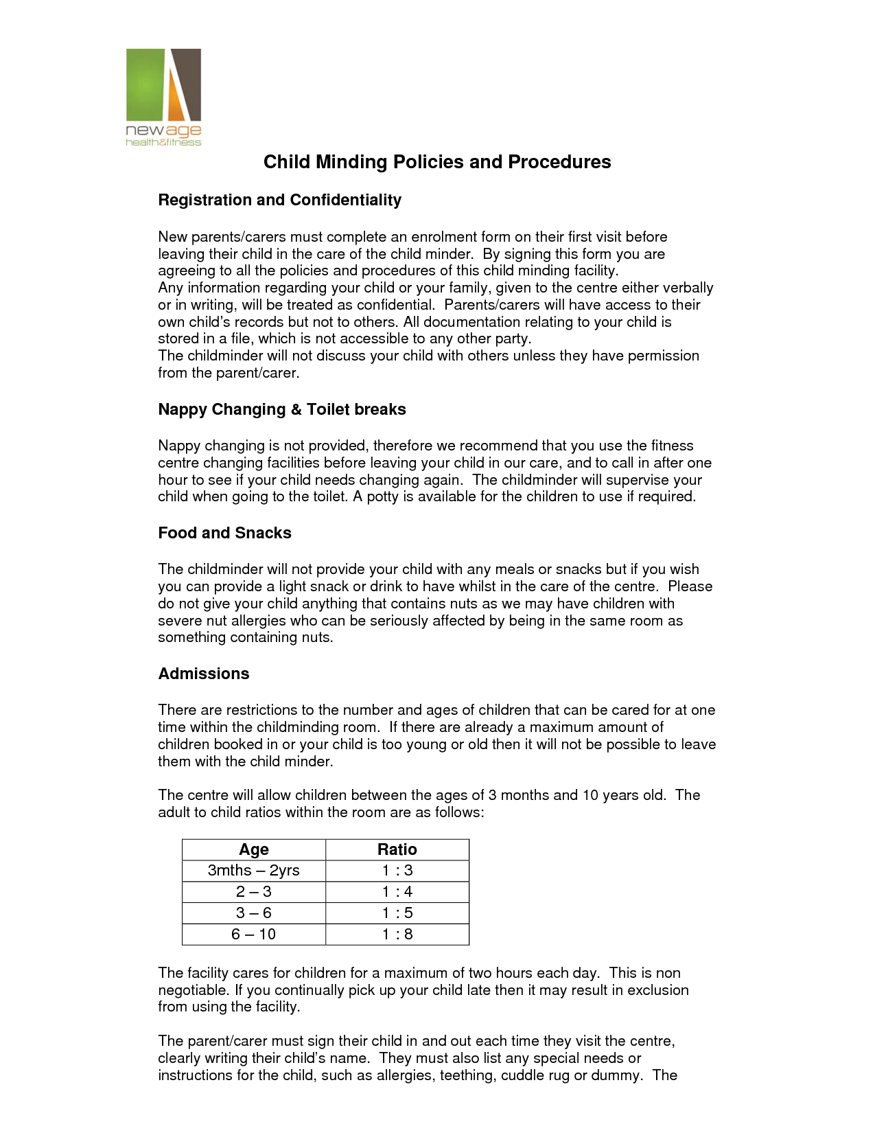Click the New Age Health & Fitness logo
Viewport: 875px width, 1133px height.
(x=163, y=97)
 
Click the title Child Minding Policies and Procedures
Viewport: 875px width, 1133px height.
(x=437, y=162)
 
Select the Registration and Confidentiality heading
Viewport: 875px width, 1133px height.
(x=279, y=200)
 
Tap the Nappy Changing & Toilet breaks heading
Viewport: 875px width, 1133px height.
(x=281, y=409)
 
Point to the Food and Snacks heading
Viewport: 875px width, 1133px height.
(x=224, y=533)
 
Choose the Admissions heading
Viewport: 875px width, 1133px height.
(x=204, y=674)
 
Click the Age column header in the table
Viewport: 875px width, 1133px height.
(x=254, y=849)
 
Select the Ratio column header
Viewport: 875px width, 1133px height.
(x=397, y=849)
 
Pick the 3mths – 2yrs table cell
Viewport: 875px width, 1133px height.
(x=254, y=871)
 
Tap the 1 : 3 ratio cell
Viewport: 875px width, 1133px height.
(x=397, y=871)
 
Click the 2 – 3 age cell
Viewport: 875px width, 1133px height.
(x=254, y=892)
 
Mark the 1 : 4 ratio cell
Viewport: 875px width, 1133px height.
(x=397, y=892)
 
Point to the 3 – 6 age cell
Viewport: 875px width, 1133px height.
(x=254, y=913)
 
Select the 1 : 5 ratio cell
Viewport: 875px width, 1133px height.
(x=397, y=913)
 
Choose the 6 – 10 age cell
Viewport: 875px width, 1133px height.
(x=254, y=935)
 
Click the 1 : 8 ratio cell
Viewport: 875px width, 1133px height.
(x=397, y=935)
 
